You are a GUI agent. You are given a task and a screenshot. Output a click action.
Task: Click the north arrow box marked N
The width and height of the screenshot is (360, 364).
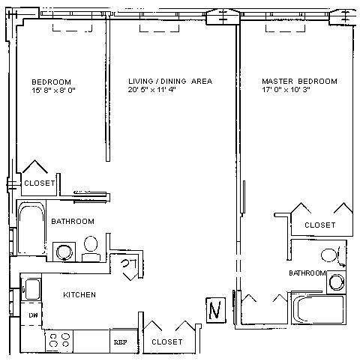coord(216,310)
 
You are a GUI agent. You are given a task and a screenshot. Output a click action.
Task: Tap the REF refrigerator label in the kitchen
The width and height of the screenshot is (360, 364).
coord(120,342)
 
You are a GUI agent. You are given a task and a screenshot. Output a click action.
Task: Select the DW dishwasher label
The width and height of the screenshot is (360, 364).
coord(33,315)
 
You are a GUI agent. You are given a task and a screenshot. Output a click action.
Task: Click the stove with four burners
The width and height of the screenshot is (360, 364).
coord(59,341)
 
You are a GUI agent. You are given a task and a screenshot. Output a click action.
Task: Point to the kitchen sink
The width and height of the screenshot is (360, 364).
coord(31,289)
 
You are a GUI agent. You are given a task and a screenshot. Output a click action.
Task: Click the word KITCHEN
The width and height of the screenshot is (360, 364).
coord(79,295)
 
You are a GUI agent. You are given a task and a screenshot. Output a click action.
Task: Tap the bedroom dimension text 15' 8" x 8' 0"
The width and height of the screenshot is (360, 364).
coord(53,90)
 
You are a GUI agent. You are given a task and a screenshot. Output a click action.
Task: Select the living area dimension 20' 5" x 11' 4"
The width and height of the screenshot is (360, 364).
coord(152,89)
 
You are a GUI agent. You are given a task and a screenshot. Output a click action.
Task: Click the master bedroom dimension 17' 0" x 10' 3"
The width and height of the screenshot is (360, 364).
coord(286,89)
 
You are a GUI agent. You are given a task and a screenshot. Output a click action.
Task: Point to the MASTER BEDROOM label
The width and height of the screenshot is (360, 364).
coord(299,81)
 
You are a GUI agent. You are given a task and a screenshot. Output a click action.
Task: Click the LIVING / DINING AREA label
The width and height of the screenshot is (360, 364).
coord(170,81)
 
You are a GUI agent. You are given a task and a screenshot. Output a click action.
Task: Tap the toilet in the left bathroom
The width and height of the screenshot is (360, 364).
coord(91,249)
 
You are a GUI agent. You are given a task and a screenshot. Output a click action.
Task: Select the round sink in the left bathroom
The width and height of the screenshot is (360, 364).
coord(64,252)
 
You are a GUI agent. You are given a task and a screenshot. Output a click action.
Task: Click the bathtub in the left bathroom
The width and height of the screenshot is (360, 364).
coord(31,228)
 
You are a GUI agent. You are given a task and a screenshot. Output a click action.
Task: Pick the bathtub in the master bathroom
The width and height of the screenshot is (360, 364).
coord(319,309)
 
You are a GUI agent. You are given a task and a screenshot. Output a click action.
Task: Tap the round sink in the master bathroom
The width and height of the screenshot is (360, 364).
coord(337,282)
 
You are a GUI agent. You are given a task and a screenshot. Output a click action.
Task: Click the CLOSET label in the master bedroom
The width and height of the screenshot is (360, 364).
coord(320,225)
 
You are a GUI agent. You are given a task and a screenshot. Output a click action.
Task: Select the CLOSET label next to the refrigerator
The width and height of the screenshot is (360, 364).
coord(167,342)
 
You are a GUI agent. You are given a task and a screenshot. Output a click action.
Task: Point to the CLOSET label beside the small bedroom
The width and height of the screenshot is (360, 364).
coord(40,183)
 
